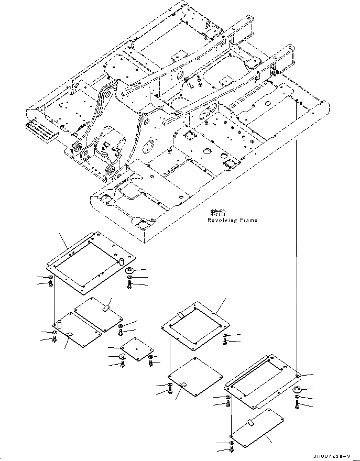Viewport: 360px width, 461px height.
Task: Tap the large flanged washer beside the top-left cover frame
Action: click(130, 270)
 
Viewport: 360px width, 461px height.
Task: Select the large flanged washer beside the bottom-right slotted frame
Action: click(297, 390)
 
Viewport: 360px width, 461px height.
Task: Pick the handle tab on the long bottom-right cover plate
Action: click(250, 422)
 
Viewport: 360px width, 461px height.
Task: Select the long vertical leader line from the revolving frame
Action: click(297, 236)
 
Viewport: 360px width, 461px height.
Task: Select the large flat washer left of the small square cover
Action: click(123, 357)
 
